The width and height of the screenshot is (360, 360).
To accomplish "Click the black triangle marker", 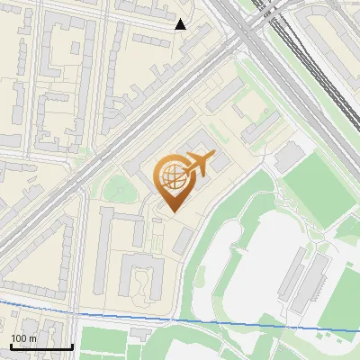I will point(181,24).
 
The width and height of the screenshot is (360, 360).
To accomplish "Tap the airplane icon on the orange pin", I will point(199,165).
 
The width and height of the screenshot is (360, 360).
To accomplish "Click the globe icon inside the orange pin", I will point(171,177).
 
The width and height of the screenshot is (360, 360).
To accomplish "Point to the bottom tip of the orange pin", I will point(171,212).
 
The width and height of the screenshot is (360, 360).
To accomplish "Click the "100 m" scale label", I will point(23,337).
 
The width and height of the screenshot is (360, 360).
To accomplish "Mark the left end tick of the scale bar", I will point(12,346).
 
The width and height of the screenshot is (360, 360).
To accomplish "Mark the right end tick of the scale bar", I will point(72,346).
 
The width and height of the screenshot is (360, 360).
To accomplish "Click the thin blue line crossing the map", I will point(180,319).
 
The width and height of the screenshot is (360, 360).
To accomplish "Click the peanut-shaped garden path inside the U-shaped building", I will point(141,286).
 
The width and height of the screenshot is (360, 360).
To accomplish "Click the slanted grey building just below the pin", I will point(184,239).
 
